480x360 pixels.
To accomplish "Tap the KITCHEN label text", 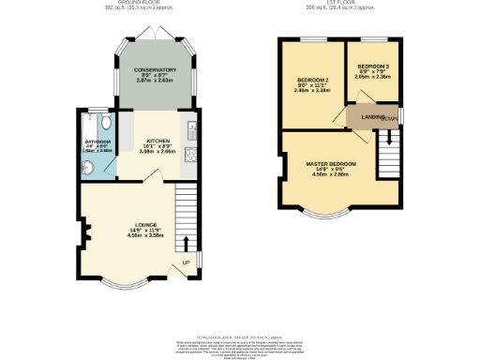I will coord(157,141).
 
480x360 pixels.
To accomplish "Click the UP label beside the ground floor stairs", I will coord(186,262).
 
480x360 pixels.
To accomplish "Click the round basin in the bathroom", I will coord(88,167).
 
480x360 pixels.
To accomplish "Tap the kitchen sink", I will coord(191,130).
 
